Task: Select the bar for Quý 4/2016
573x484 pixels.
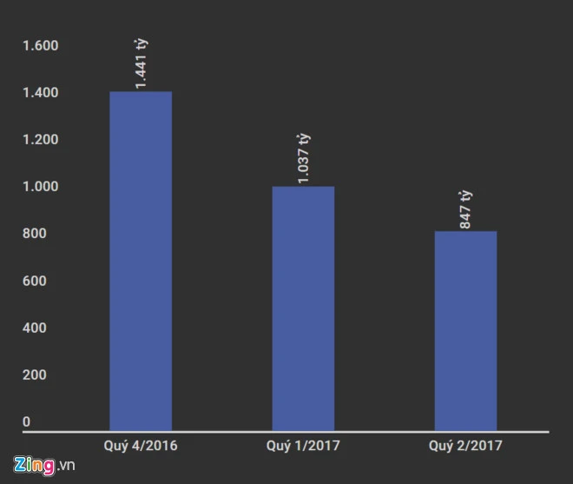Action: pyautogui.click(x=140, y=261)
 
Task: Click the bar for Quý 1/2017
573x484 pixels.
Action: pyautogui.click(x=303, y=308)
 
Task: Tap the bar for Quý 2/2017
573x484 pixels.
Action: pyautogui.click(x=465, y=330)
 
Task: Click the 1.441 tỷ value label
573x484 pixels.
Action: pyautogui.click(x=142, y=63)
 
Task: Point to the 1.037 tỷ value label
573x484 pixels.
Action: pyautogui.click(x=304, y=158)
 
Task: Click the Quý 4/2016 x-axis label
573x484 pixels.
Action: pyautogui.click(x=141, y=445)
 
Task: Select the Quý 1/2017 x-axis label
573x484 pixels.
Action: pyautogui.click(x=303, y=445)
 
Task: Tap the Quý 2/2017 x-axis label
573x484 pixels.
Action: pyautogui.click(x=466, y=445)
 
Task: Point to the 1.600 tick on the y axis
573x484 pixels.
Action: pyautogui.click(x=40, y=45)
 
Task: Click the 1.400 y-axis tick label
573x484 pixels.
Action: pyautogui.click(x=40, y=93)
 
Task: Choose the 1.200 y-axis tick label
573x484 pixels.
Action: pyautogui.click(x=40, y=140)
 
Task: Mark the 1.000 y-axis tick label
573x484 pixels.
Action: pyautogui.click(x=40, y=187)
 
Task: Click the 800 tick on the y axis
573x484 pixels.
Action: pyautogui.click(x=35, y=234)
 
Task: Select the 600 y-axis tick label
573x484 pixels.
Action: pyautogui.click(x=35, y=282)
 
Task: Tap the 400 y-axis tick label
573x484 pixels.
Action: pyautogui.click(x=35, y=328)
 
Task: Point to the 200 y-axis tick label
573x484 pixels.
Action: pyautogui.click(x=35, y=375)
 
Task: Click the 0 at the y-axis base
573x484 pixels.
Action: pyautogui.click(x=26, y=422)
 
